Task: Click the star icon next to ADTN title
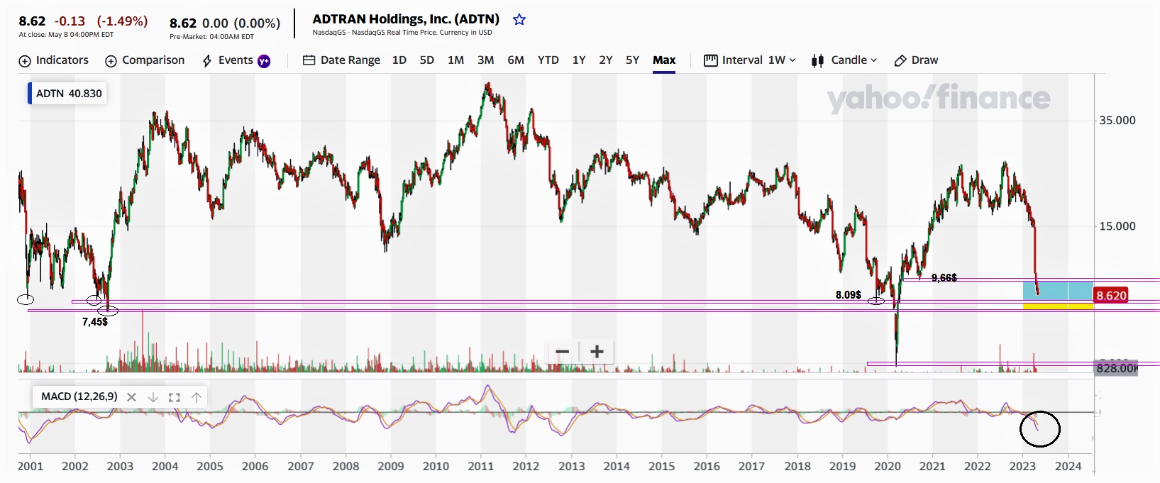519,20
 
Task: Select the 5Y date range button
632,60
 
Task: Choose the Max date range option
664,60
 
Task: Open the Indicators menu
54,60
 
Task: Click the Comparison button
145,60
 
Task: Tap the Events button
236,60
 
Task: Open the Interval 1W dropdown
750,60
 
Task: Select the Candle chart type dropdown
844,60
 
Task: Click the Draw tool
916,60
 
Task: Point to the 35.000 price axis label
1117,121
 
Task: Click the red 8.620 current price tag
1110,296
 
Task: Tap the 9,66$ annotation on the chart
944,278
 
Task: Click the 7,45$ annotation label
94,322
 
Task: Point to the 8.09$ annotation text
848,295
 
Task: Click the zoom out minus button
563,352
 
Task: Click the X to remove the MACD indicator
131,397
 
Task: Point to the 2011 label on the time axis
480,467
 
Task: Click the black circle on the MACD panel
1040,429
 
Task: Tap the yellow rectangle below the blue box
1057,306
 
